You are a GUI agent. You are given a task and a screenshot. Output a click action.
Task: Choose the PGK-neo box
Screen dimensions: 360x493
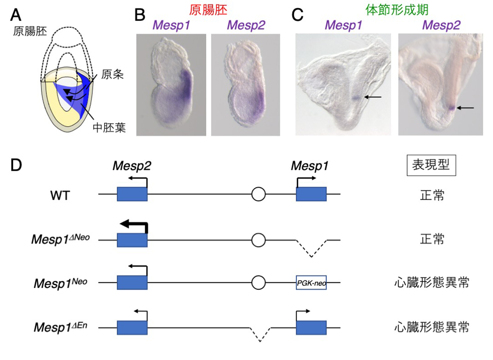pos(311,283)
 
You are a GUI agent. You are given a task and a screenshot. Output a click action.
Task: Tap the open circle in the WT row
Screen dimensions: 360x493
pos(258,194)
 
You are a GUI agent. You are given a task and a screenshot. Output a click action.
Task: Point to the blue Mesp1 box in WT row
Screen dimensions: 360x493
pos(311,194)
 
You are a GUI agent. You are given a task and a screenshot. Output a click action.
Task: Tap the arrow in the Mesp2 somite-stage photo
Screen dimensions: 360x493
pos(465,108)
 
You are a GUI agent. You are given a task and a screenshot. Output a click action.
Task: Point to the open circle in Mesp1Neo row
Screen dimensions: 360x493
pos(258,283)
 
